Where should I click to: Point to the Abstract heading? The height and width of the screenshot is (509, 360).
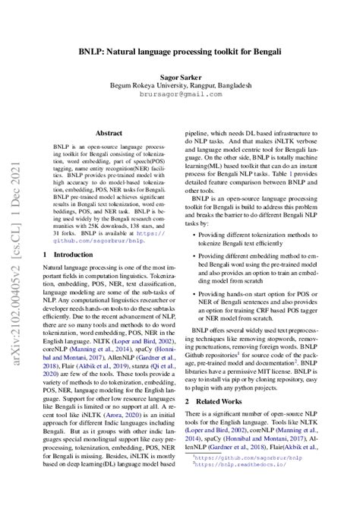[109, 131]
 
